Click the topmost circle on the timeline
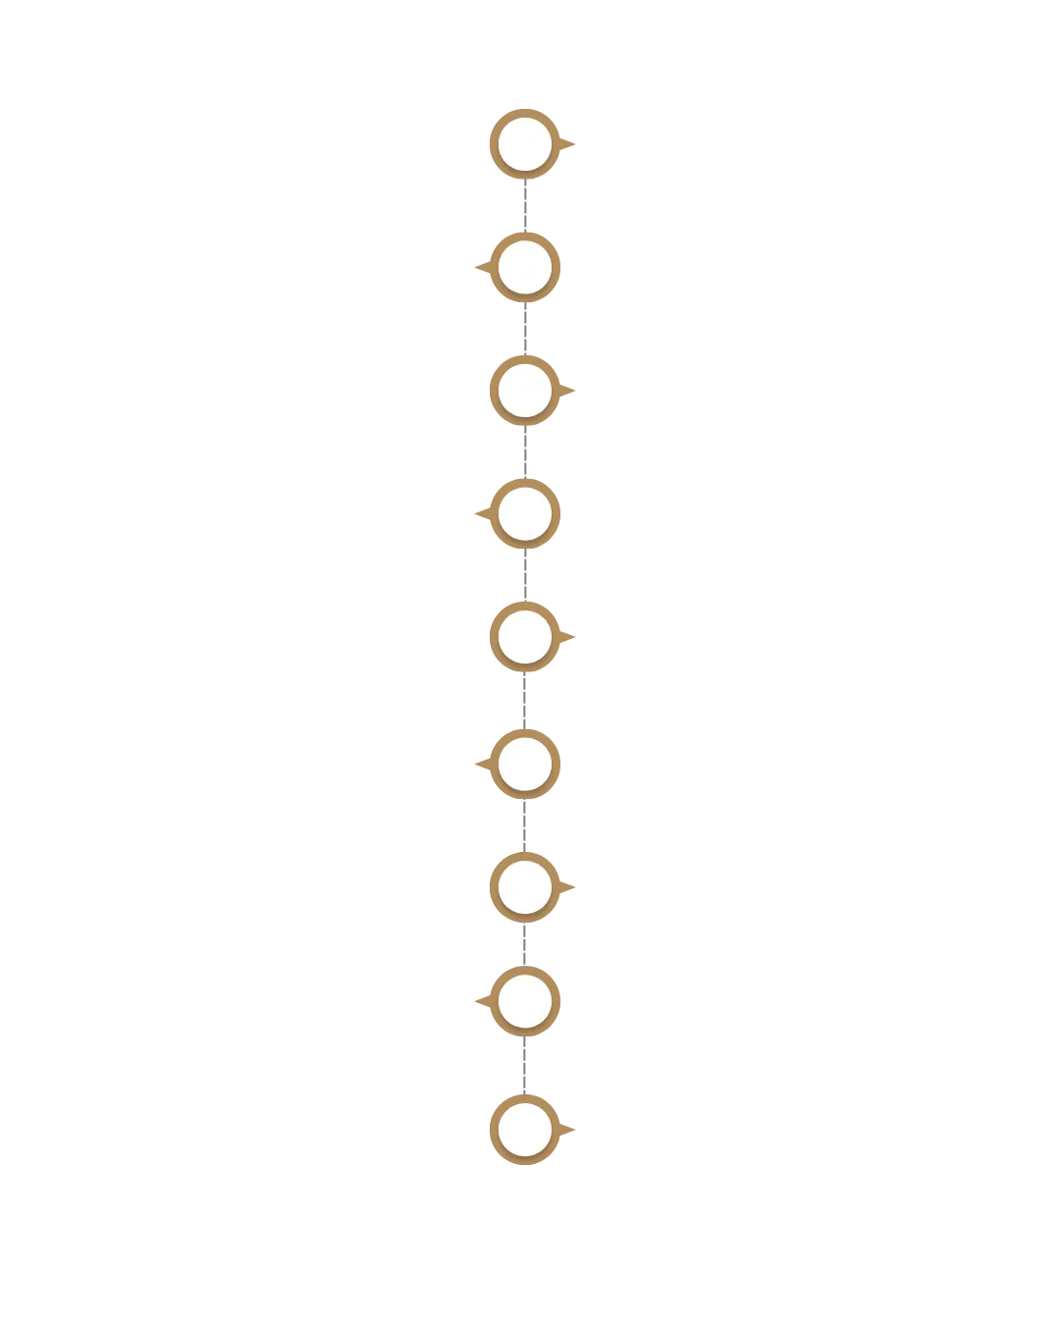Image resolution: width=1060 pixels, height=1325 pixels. [x=525, y=144]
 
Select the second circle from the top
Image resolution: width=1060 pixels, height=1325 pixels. [x=525, y=267]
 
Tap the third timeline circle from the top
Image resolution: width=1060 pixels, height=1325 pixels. [x=525, y=390]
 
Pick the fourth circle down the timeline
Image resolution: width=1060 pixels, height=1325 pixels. [x=525, y=513]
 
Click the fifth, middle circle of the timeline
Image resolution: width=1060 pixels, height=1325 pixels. [x=525, y=636]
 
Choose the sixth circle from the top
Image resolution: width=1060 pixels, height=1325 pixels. [x=525, y=763]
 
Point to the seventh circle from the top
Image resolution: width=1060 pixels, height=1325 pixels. [x=525, y=886]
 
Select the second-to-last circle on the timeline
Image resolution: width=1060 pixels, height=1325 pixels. [x=525, y=1001]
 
